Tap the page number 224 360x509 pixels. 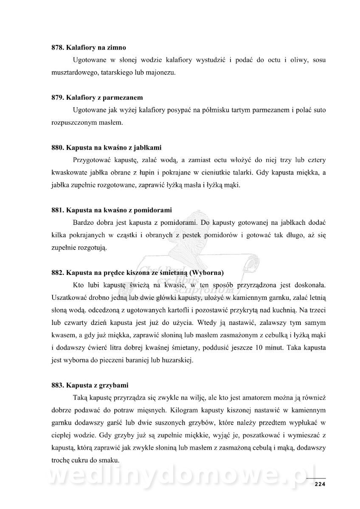pyautogui.click(x=319, y=485)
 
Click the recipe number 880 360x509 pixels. pyautogui.click(x=57, y=148)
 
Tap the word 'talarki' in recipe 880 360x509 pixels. pyautogui.click(x=236, y=173)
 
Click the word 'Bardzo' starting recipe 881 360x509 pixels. pyautogui.click(x=83, y=222)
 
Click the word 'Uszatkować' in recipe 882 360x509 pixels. pyautogui.click(x=68, y=297)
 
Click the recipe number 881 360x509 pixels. pyautogui.click(x=57, y=210)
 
